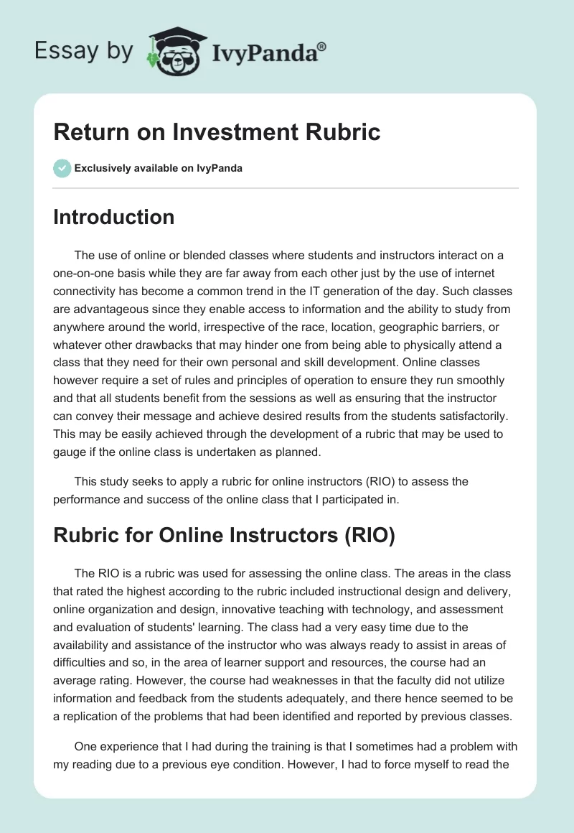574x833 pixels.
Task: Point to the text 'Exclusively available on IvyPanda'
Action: pyautogui.click(x=159, y=169)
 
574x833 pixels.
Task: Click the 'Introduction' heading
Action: pyautogui.click(x=113, y=217)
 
